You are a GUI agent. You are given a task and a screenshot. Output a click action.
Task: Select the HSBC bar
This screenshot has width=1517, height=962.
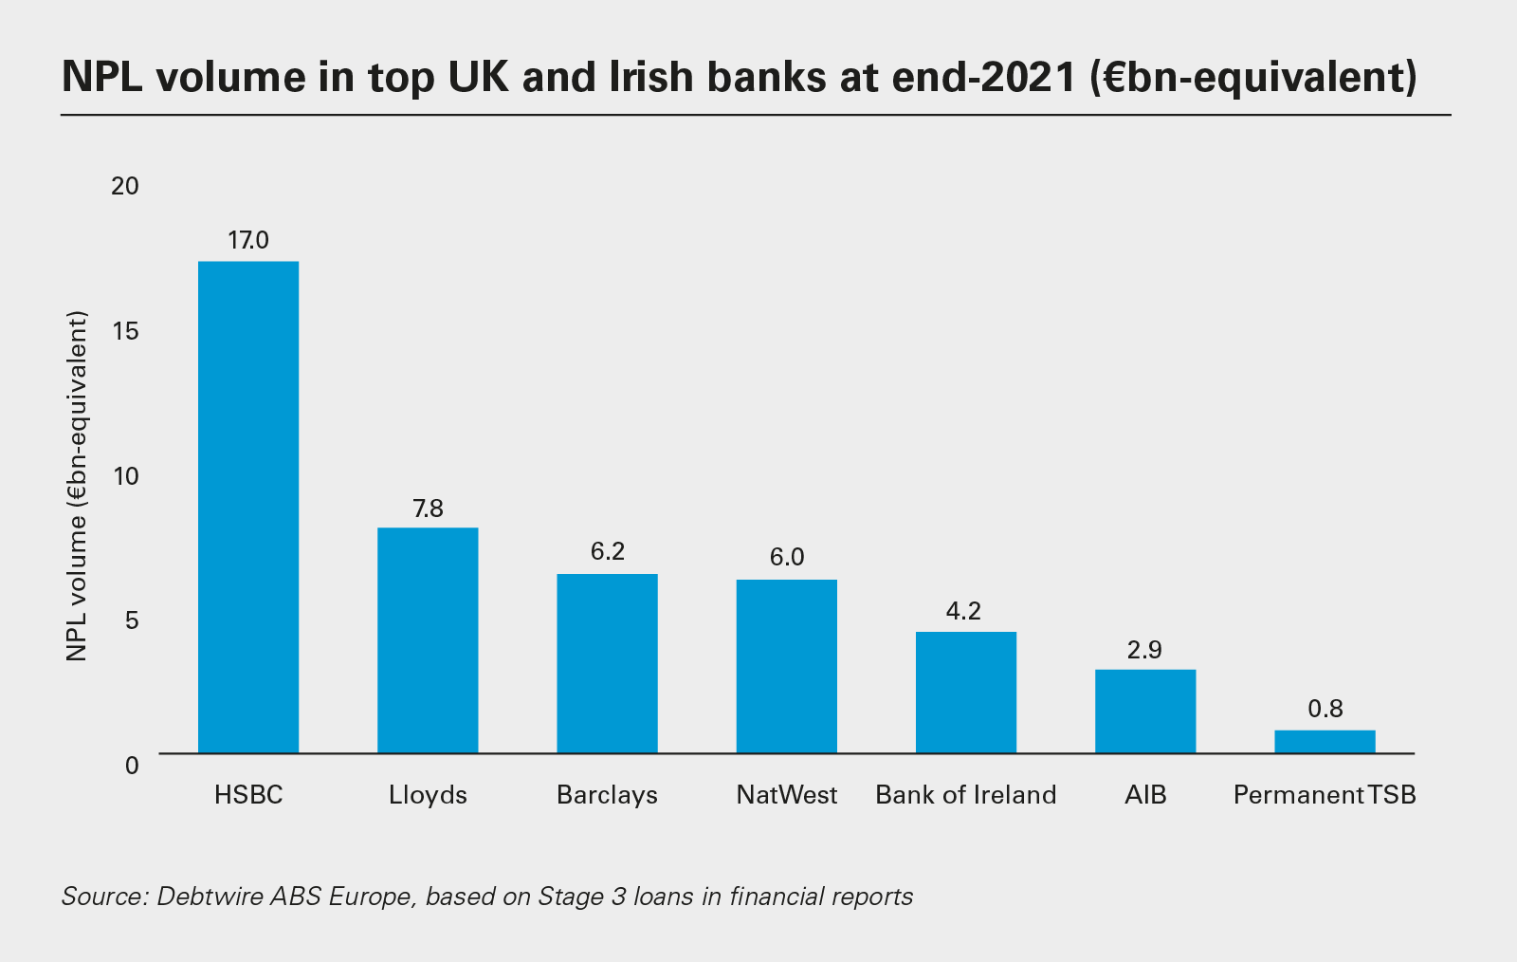[x=248, y=507]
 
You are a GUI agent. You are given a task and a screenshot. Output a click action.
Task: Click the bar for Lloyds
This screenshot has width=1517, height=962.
[x=428, y=640]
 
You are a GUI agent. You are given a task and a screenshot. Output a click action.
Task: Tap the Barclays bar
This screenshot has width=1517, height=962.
[x=607, y=663]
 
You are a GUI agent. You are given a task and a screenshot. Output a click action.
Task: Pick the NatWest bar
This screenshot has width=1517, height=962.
[x=787, y=666]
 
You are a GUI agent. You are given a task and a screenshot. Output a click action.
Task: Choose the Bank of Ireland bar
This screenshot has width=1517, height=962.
[x=966, y=693]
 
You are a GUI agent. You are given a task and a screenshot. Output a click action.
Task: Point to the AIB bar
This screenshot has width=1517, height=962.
[x=1145, y=712]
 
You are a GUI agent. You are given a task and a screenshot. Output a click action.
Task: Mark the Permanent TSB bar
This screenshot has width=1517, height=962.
[x=1325, y=742]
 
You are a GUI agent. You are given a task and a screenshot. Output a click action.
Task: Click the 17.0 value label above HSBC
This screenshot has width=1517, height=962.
[x=248, y=240]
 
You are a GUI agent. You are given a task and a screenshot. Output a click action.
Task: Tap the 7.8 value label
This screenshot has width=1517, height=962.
[x=428, y=509]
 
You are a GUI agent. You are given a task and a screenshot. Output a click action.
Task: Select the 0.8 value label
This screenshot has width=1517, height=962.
[x=1325, y=709]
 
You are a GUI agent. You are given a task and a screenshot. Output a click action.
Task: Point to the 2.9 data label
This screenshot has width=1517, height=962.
[x=1145, y=650]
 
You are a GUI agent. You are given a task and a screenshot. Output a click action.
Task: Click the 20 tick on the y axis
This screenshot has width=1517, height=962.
[x=125, y=186]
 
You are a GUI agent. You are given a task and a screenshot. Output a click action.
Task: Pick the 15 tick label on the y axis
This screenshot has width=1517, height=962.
[x=125, y=331]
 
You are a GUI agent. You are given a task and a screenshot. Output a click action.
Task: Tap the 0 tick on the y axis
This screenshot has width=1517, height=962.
[x=132, y=765]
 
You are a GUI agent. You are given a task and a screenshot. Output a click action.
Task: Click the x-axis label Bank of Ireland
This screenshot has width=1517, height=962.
[x=966, y=795]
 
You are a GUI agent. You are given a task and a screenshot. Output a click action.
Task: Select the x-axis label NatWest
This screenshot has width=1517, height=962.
[x=787, y=795]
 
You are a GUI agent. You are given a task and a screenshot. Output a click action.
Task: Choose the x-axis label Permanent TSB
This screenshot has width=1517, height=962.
[x=1325, y=795]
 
